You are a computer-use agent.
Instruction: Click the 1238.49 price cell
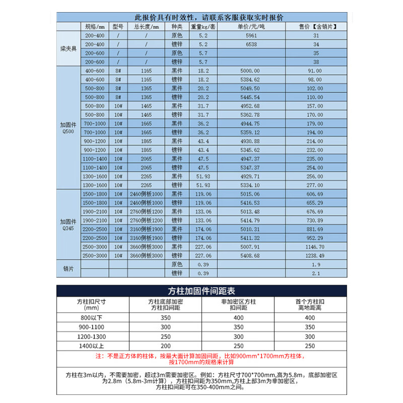[316, 255]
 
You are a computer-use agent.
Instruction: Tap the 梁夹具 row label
[68, 49]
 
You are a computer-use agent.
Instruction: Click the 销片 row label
[68, 269]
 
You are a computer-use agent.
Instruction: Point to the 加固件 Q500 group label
[68, 126]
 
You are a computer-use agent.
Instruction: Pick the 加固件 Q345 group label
[68, 224]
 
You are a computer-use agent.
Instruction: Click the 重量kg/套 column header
[204, 26]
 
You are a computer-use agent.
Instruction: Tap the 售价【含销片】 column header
[316, 26]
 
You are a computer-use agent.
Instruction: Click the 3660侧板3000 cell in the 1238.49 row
[147, 255]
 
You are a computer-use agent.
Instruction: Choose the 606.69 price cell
[316, 193]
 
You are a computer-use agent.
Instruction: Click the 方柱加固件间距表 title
[201, 291]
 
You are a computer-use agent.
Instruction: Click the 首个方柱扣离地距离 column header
[309, 305]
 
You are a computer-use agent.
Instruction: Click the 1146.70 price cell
[316, 247]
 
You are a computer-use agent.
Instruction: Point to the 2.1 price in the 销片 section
[316, 273]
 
